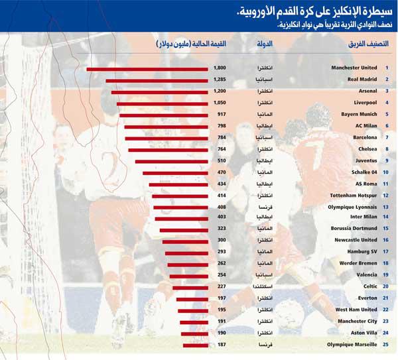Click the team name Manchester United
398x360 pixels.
[x=354, y=68]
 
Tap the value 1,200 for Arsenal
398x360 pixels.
[x=220, y=91]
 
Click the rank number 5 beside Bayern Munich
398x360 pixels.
[x=387, y=114]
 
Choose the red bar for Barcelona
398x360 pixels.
[x=166, y=137]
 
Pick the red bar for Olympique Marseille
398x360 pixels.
[x=193, y=345]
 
